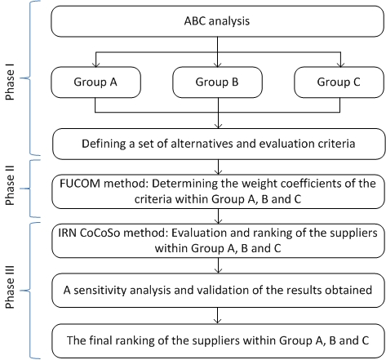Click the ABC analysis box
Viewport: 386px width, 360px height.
click(217, 21)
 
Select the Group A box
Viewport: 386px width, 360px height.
click(95, 82)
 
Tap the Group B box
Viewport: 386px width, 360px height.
click(217, 82)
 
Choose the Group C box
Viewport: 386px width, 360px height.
click(339, 82)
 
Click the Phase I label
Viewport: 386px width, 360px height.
click(10, 85)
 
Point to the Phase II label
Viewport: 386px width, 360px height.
click(10, 185)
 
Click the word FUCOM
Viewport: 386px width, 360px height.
click(80, 184)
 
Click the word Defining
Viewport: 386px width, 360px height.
click(104, 144)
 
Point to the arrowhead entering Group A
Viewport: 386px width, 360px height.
click(95, 64)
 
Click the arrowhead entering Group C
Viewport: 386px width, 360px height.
click(340, 64)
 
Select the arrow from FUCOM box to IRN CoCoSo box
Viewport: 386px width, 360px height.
click(218, 216)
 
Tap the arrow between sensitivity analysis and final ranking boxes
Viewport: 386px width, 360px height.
click(217, 316)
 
